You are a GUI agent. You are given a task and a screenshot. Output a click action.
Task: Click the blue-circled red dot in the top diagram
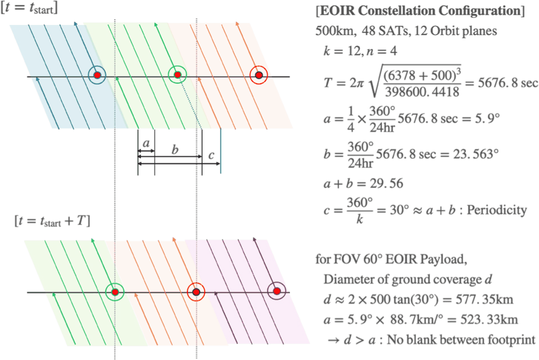[97, 75]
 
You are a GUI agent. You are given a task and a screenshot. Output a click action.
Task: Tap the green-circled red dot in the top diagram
[177, 75]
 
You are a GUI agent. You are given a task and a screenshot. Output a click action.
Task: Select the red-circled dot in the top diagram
[259, 75]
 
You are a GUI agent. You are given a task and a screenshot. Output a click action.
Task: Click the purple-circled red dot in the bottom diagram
[277, 292]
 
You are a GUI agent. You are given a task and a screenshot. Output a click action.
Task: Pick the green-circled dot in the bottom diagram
[115, 292]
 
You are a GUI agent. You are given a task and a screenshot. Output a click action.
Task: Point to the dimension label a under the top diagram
[146, 143]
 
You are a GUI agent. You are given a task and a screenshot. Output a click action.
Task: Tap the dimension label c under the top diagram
[211, 156]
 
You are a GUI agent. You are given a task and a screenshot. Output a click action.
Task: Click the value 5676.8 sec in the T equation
[507, 83]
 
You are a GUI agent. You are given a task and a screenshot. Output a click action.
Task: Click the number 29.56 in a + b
[387, 183]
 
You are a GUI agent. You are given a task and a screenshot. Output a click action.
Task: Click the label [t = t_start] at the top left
[29, 7]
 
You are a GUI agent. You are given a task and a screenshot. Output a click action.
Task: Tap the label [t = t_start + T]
[52, 221]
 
